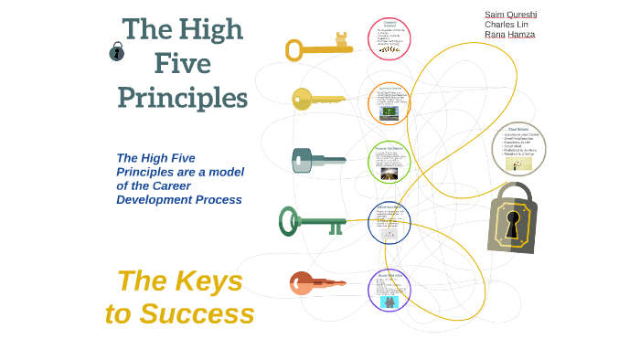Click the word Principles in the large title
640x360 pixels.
(182, 96)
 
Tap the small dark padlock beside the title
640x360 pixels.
(116, 52)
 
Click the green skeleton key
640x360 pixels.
(312, 220)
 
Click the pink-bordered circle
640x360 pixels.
(389, 39)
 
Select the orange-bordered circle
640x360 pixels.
(389, 103)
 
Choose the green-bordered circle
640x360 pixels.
(389, 163)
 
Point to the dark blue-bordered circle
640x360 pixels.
(389, 223)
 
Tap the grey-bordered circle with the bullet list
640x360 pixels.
(518, 148)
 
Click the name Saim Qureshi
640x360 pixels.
(510, 15)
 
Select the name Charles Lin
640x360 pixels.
(507, 25)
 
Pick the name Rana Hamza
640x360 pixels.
(509, 35)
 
